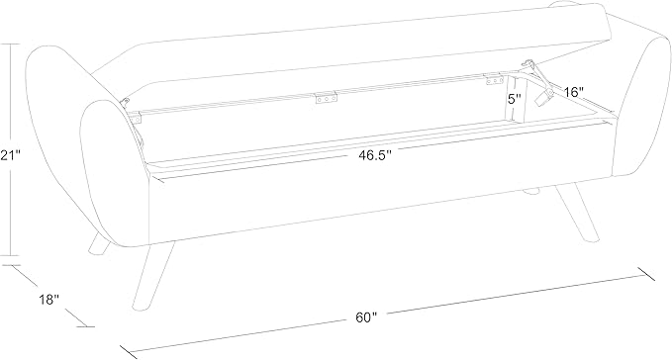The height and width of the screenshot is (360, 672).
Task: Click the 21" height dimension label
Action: [x=10, y=155]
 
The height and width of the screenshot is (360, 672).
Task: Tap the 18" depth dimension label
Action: [x=48, y=300]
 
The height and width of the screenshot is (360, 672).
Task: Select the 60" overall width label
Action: [x=365, y=317]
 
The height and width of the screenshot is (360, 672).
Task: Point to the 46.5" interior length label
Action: [x=375, y=155]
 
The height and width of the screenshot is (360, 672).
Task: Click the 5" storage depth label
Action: [x=515, y=99]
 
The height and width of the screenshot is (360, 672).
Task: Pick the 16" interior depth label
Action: [x=573, y=92]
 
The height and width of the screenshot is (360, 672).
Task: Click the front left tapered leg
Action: [x=152, y=276]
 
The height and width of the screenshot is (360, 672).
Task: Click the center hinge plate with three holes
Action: [x=327, y=99]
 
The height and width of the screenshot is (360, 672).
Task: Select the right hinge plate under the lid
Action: [x=494, y=80]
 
